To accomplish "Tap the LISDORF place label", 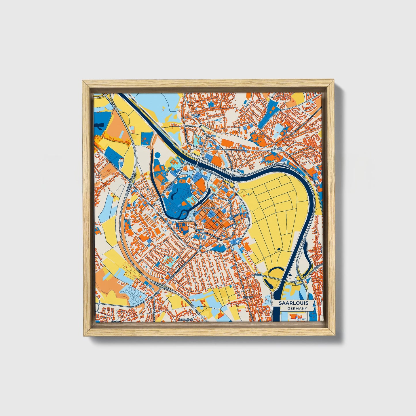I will point(248,296).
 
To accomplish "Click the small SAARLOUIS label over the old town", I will point(208,207).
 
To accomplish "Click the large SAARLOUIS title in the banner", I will point(293,303).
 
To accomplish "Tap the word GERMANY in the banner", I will point(297,309).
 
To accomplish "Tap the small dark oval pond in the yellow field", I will point(279,250).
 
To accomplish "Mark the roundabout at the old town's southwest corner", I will point(199,251).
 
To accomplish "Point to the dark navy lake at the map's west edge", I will point(99,126).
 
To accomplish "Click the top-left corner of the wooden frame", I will point(83,81).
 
